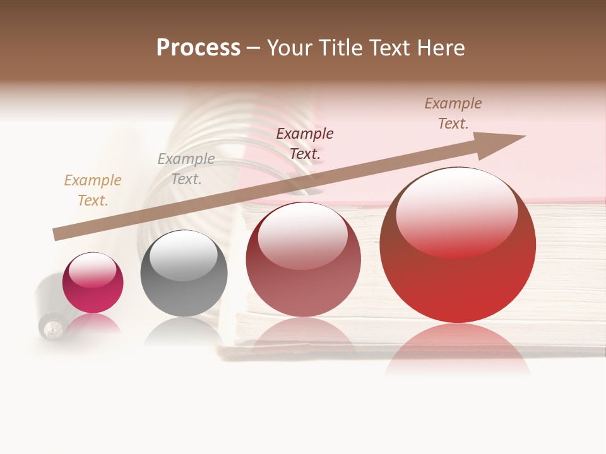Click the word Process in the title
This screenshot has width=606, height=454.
pos(198,48)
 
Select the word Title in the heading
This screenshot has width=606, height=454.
pos(341,48)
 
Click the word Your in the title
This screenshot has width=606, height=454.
pos(290,48)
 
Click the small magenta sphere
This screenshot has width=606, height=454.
pos(93,282)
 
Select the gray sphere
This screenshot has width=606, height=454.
pos(184,274)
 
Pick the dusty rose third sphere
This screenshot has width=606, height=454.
pos(303,259)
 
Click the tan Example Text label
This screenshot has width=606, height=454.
pos(93,190)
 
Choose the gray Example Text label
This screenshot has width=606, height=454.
pos(186,169)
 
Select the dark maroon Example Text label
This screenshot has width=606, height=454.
pos(305,143)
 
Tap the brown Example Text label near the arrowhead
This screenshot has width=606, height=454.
pos(453,113)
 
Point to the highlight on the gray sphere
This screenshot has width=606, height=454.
pos(183,254)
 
